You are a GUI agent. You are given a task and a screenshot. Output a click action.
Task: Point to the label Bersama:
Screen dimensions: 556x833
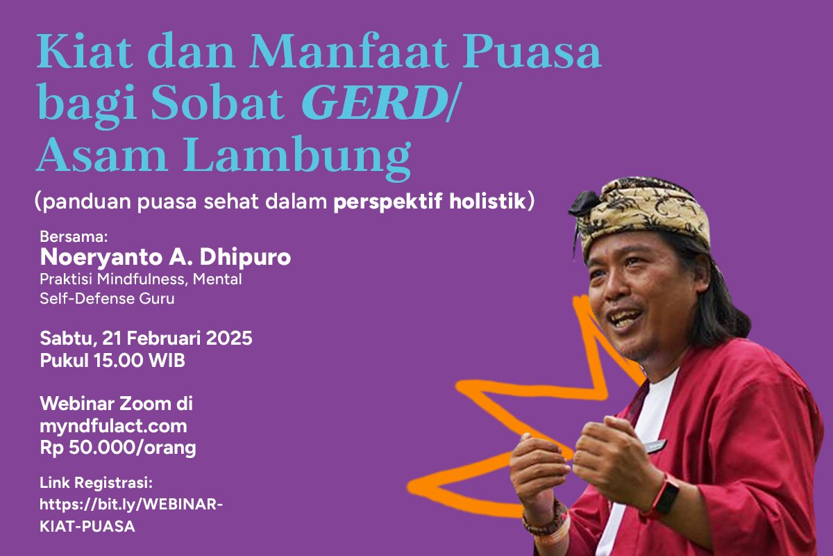69,236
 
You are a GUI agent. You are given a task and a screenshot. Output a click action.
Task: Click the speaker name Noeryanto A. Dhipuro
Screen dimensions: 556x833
165,257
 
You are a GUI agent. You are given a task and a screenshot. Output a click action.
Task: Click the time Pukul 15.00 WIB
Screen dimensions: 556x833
112,361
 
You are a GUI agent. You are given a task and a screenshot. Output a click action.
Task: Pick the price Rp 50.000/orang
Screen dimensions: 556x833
118,448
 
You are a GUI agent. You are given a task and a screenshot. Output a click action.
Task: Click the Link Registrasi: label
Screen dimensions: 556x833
96,482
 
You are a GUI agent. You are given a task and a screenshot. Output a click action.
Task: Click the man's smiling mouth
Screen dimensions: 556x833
627,321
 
